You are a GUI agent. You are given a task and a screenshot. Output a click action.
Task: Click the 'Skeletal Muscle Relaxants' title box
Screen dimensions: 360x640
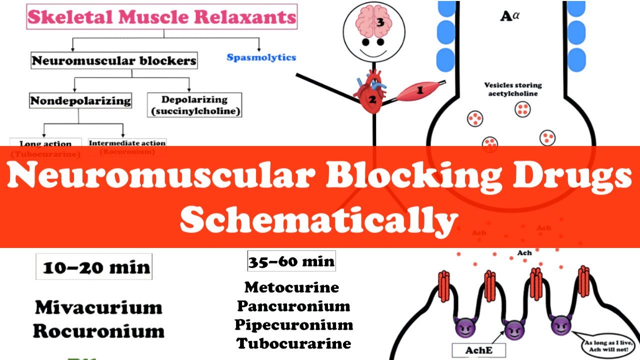point(161,16)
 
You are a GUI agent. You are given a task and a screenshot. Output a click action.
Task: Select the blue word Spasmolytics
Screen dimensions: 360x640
point(261,57)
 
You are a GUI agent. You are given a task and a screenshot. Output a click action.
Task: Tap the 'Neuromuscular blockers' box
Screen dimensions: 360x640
point(114,61)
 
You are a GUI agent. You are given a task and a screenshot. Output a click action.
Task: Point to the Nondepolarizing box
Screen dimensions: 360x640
point(80,100)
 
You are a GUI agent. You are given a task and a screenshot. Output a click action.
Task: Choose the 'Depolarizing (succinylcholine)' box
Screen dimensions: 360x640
point(194,105)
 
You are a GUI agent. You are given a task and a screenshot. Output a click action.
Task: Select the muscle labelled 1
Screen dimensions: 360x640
point(417,91)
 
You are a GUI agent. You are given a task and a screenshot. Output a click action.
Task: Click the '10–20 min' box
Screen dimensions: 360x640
point(94,267)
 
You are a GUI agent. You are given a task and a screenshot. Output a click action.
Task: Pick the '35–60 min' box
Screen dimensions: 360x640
point(291,261)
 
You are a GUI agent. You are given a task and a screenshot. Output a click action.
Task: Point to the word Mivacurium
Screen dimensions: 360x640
point(98,307)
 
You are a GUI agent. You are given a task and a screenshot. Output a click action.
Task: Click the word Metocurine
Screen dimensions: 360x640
point(291,287)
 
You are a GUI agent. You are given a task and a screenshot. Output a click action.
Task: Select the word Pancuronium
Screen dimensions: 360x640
point(293,306)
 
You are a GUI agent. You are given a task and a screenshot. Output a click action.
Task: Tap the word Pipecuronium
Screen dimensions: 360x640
point(294,324)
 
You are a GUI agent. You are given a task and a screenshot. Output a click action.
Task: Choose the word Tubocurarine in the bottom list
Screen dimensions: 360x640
point(294,343)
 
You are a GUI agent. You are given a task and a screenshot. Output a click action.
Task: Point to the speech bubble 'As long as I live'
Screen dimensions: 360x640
point(606,345)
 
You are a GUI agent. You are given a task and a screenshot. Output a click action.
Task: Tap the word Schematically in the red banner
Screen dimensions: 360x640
point(319,220)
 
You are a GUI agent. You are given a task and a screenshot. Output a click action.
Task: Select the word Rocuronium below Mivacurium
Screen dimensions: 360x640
point(98,331)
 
